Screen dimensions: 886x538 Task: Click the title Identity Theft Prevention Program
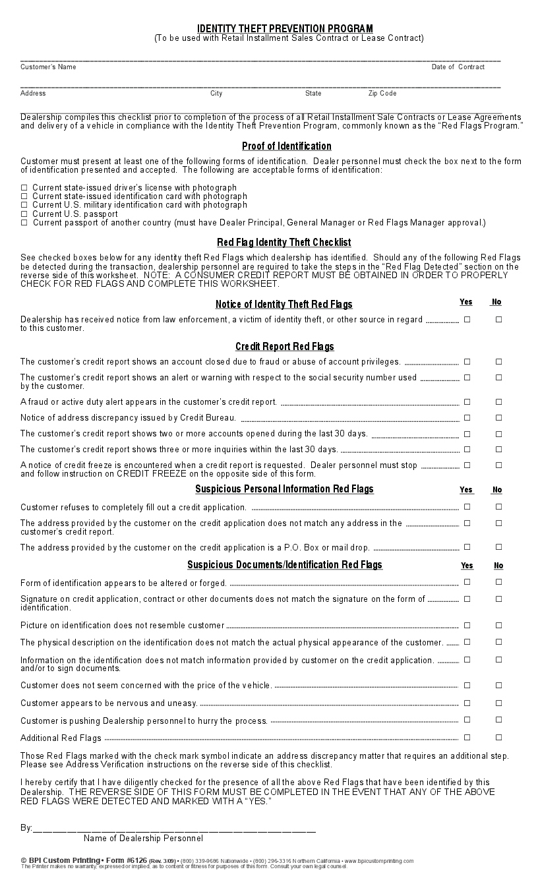[x=285, y=28]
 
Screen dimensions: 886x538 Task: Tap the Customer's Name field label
[x=48, y=67]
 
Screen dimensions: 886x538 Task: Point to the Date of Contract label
[x=458, y=67]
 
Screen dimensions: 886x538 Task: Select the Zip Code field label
[x=382, y=94]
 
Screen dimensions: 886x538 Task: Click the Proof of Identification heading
[x=286, y=146]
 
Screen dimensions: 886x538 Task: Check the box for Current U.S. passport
[x=24, y=214]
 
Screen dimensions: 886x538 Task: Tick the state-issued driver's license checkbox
[x=24, y=188]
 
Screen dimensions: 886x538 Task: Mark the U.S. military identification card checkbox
[x=24, y=206]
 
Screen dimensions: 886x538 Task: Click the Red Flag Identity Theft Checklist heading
[x=284, y=243]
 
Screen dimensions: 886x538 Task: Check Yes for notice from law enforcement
[x=467, y=320]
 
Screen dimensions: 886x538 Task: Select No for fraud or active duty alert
[x=498, y=401]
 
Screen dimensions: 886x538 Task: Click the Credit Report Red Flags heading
[x=284, y=347]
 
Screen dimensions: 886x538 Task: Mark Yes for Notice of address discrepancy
[x=467, y=418]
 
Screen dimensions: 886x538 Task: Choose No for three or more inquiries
[x=498, y=450]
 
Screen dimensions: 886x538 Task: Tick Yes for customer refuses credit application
[x=467, y=507]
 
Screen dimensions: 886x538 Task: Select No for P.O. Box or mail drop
[x=498, y=547]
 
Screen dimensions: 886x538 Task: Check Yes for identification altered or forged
[x=467, y=582]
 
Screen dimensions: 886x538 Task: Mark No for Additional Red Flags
[x=498, y=738]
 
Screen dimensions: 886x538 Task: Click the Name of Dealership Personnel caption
[x=143, y=839]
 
